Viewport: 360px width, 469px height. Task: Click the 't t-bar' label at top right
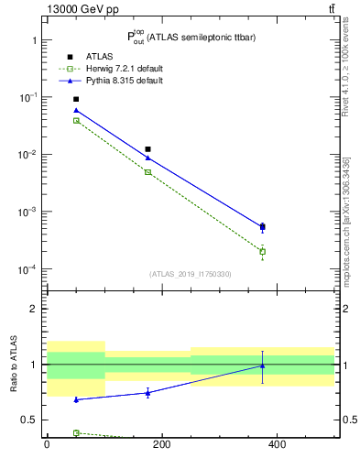point(332,9)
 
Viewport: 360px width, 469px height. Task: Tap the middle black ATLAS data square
point(147,149)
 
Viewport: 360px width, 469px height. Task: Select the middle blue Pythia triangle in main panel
point(147,158)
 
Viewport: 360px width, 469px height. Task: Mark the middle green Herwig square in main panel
point(147,172)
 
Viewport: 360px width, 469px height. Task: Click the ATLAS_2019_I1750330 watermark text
point(191,274)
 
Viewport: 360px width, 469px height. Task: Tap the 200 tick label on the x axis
point(161,445)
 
